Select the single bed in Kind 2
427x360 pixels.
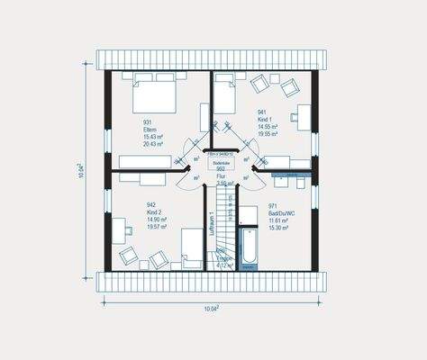[190, 247]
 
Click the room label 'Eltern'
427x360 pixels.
[150, 130]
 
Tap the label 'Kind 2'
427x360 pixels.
[154, 212]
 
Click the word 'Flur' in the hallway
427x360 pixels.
[220, 175]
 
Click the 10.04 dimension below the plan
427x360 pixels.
[212, 307]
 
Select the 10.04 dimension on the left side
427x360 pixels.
[86, 170]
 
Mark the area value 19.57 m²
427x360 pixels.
[157, 227]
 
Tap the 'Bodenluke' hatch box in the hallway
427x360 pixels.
[220, 162]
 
